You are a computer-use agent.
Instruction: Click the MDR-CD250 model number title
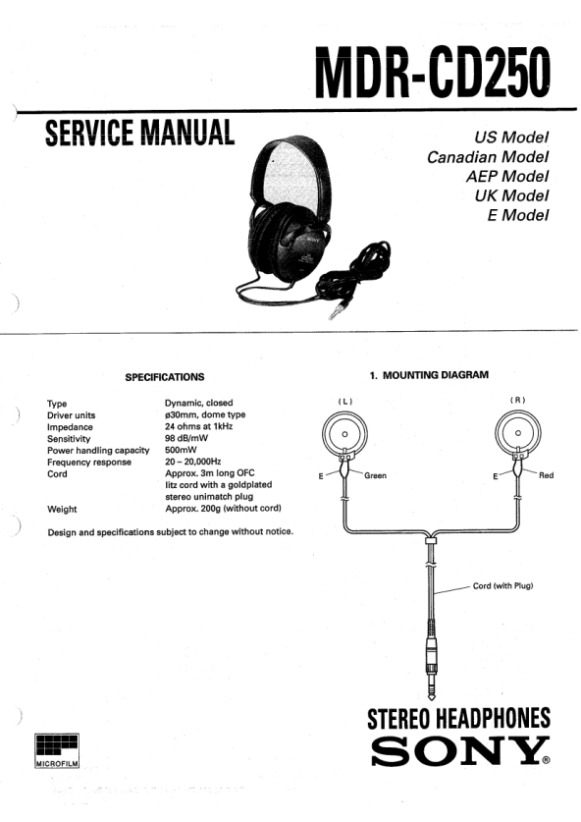coord(433,73)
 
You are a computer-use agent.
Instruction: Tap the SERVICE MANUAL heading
coord(140,133)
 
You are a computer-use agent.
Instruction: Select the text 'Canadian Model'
coord(488,157)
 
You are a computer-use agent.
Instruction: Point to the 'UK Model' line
coord(512,195)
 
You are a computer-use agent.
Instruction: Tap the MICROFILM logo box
coord(57,750)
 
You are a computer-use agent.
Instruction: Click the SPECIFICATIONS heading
coord(165,377)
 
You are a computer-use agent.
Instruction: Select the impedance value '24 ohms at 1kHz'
coord(198,426)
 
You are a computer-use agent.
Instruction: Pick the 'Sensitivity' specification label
coord(69,439)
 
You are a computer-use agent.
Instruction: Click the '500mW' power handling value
coord(181,450)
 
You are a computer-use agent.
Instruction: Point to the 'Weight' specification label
coord(62,509)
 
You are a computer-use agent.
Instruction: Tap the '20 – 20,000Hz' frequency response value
coord(192,462)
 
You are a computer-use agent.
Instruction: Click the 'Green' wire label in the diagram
coord(375,475)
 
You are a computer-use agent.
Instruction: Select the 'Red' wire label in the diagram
coord(546,475)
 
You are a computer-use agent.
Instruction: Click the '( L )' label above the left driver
coord(344,402)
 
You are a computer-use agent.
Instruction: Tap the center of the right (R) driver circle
coord(517,433)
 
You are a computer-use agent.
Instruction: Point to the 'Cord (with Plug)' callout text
coord(502,585)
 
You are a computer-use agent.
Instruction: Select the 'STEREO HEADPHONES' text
coord(459,719)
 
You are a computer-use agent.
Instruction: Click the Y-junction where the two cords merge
coord(431,537)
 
